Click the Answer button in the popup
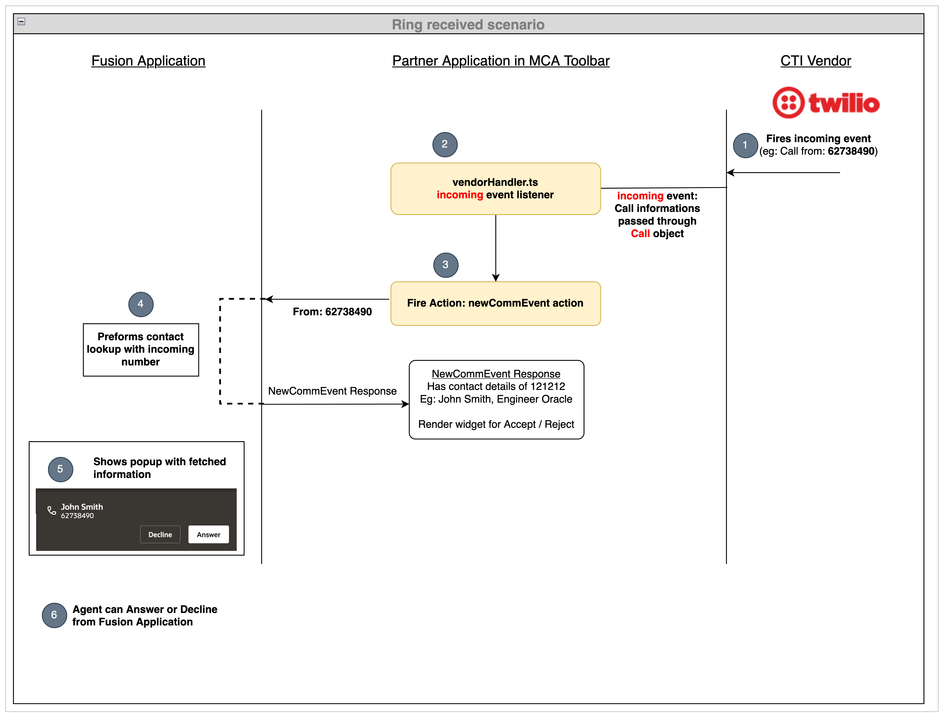click(208, 534)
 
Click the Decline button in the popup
click(160, 534)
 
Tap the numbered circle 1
click(745, 145)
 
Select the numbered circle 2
click(444, 144)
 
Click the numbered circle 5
click(60, 469)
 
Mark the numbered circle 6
click(54, 615)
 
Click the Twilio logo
click(825, 103)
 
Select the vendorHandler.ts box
click(495, 189)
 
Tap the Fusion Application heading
click(148, 61)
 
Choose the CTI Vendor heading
click(815, 61)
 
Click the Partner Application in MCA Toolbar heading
click(500, 61)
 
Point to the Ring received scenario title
click(468, 25)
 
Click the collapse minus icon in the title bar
click(21, 21)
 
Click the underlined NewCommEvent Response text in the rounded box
click(496, 374)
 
